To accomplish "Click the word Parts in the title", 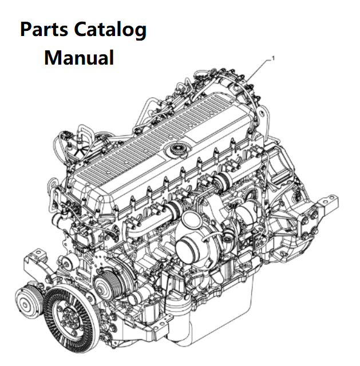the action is [x=44, y=29].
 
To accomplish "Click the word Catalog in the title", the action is [x=110, y=30].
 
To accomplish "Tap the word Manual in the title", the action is [x=79, y=58].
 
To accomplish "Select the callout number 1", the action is [x=274, y=58].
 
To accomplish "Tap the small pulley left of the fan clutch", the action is [x=29, y=301].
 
